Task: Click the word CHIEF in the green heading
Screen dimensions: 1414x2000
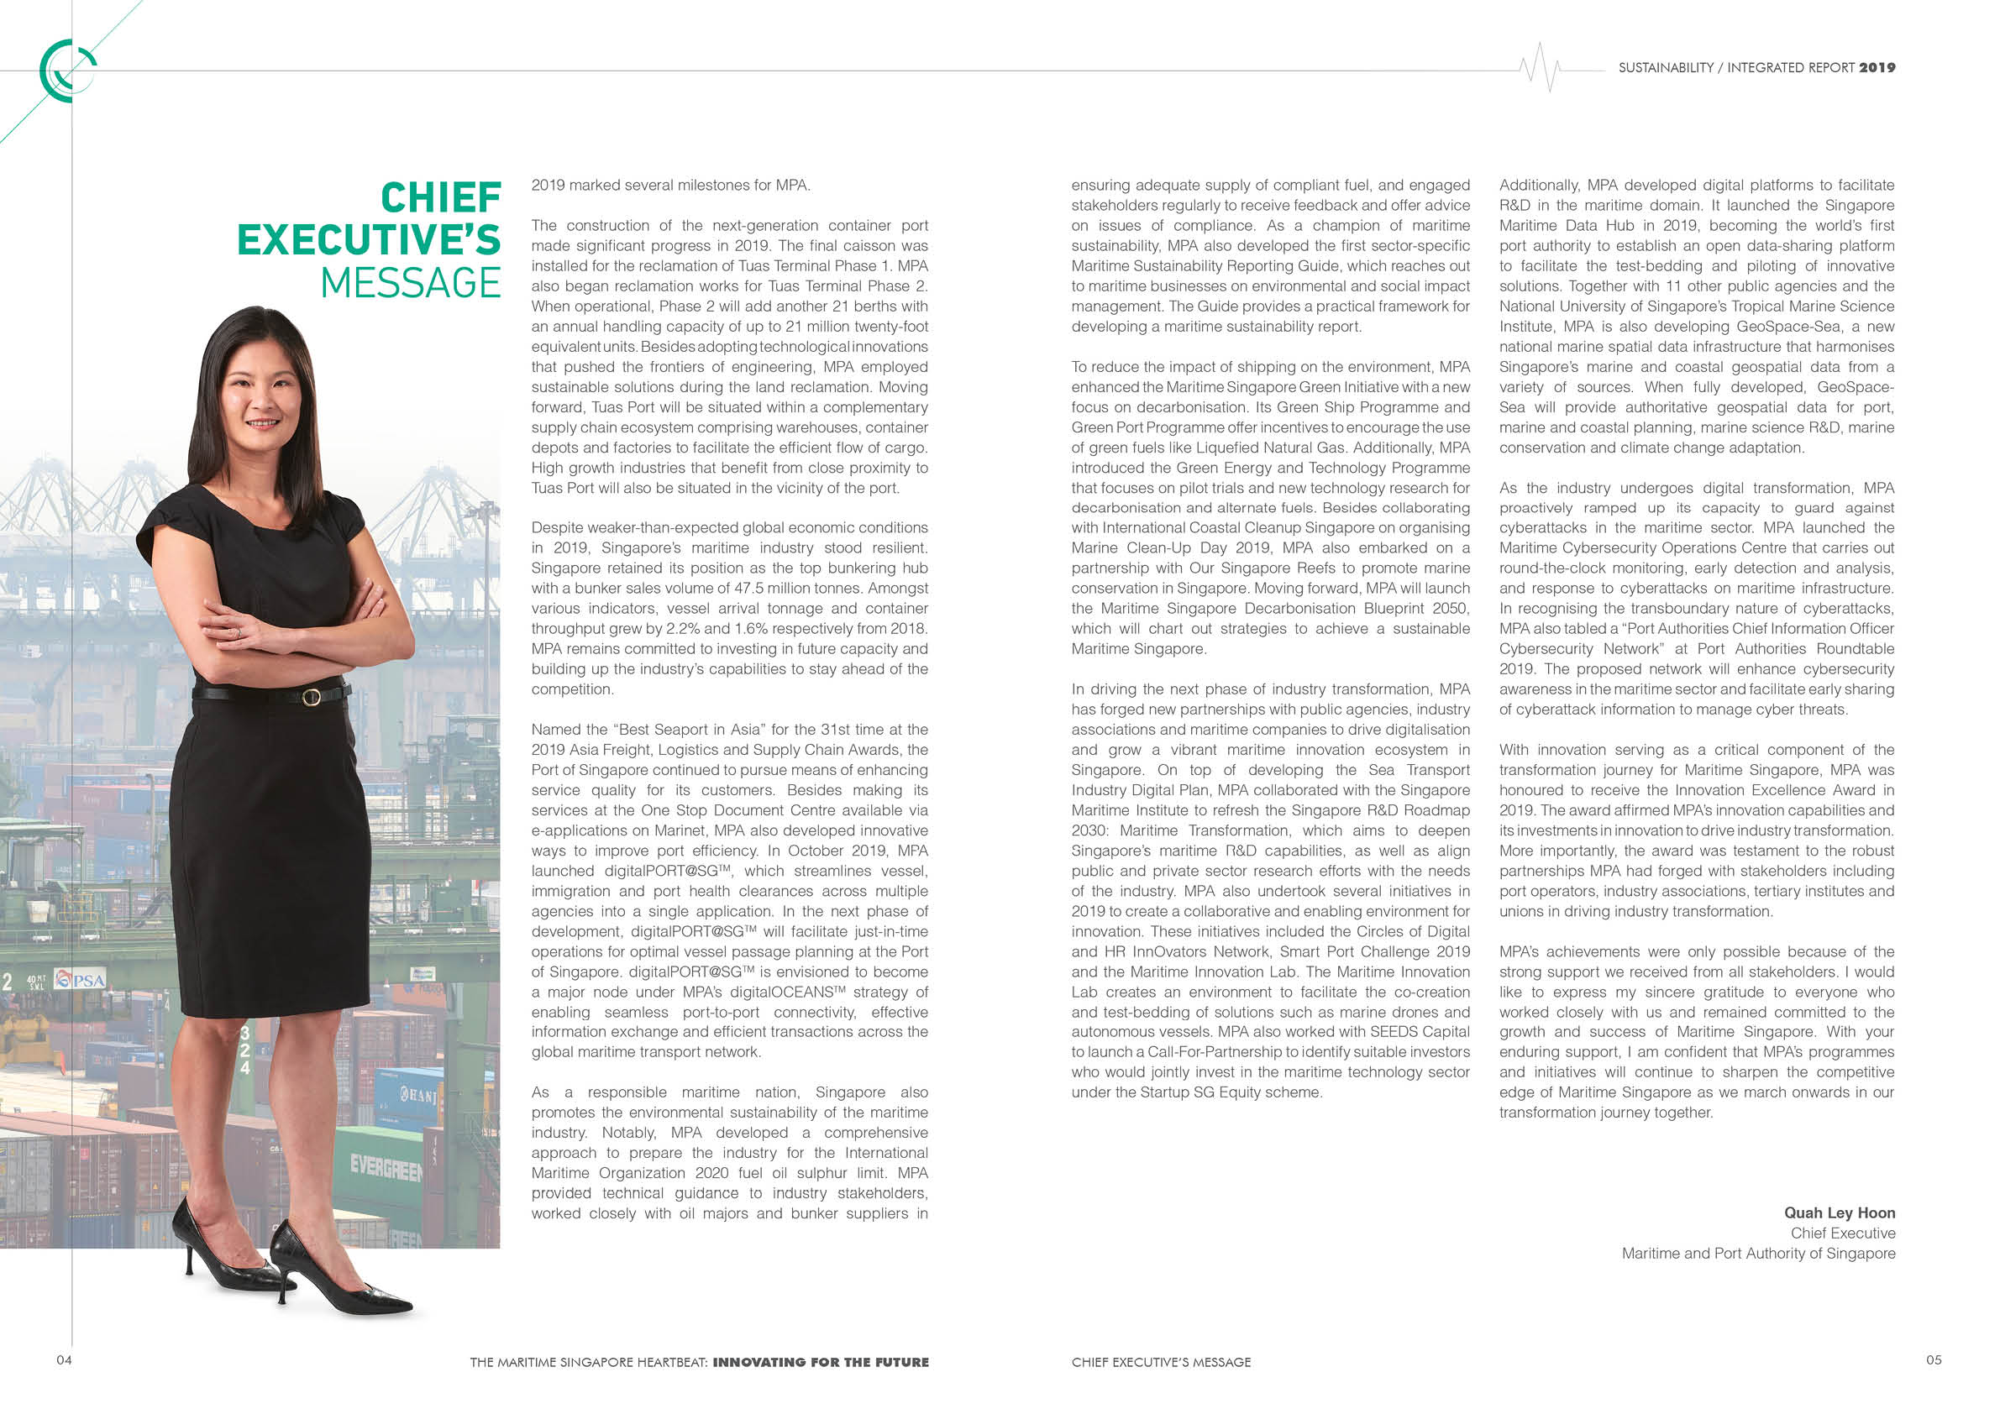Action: click(x=441, y=197)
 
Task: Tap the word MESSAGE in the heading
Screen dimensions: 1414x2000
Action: click(x=410, y=283)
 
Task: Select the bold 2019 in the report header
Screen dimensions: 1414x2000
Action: click(x=1877, y=68)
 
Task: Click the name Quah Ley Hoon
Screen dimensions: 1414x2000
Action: click(x=1839, y=1212)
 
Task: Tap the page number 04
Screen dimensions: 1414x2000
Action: click(x=64, y=1360)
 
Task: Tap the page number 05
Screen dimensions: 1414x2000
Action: click(x=1933, y=1360)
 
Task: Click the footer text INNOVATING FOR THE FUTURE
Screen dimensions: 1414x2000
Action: click(x=821, y=1363)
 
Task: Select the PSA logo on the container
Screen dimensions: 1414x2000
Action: click(x=81, y=980)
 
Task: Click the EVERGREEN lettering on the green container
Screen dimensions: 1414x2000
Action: click(x=385, y=1168)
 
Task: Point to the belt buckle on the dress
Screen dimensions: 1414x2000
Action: click(x=310, y=697)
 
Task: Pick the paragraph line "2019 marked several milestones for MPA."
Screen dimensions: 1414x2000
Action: click(x=671, y=186)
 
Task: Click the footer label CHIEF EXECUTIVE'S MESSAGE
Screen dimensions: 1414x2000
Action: click(x=1160, y=1363)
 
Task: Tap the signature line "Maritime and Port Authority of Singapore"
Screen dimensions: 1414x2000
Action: click(x=1758, y=1254)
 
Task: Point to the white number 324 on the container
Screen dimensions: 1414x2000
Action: click(x=244, y=1050)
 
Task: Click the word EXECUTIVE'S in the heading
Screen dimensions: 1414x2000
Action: click(x=369, y=240)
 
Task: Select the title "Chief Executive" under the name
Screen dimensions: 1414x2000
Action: click(x=1842, y=1233)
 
